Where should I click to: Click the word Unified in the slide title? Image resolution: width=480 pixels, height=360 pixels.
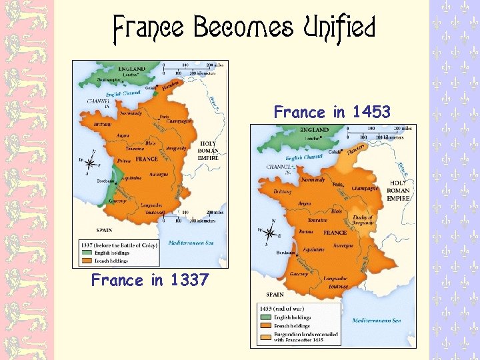339,29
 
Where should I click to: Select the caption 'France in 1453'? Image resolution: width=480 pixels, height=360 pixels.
332,112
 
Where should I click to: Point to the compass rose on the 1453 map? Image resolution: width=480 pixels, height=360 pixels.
270,233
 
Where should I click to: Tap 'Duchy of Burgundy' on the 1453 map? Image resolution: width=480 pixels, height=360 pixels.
362,221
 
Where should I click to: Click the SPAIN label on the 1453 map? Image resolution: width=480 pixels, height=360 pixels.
275,293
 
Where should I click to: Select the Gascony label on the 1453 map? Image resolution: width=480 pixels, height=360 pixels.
299,274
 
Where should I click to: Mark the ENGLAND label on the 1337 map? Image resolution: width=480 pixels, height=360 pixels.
133,68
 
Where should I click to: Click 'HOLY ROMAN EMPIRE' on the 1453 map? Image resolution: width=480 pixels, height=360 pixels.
399,190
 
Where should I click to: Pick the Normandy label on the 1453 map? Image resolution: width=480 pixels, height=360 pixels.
313,180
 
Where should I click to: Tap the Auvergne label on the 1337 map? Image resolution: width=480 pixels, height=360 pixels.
158,174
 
